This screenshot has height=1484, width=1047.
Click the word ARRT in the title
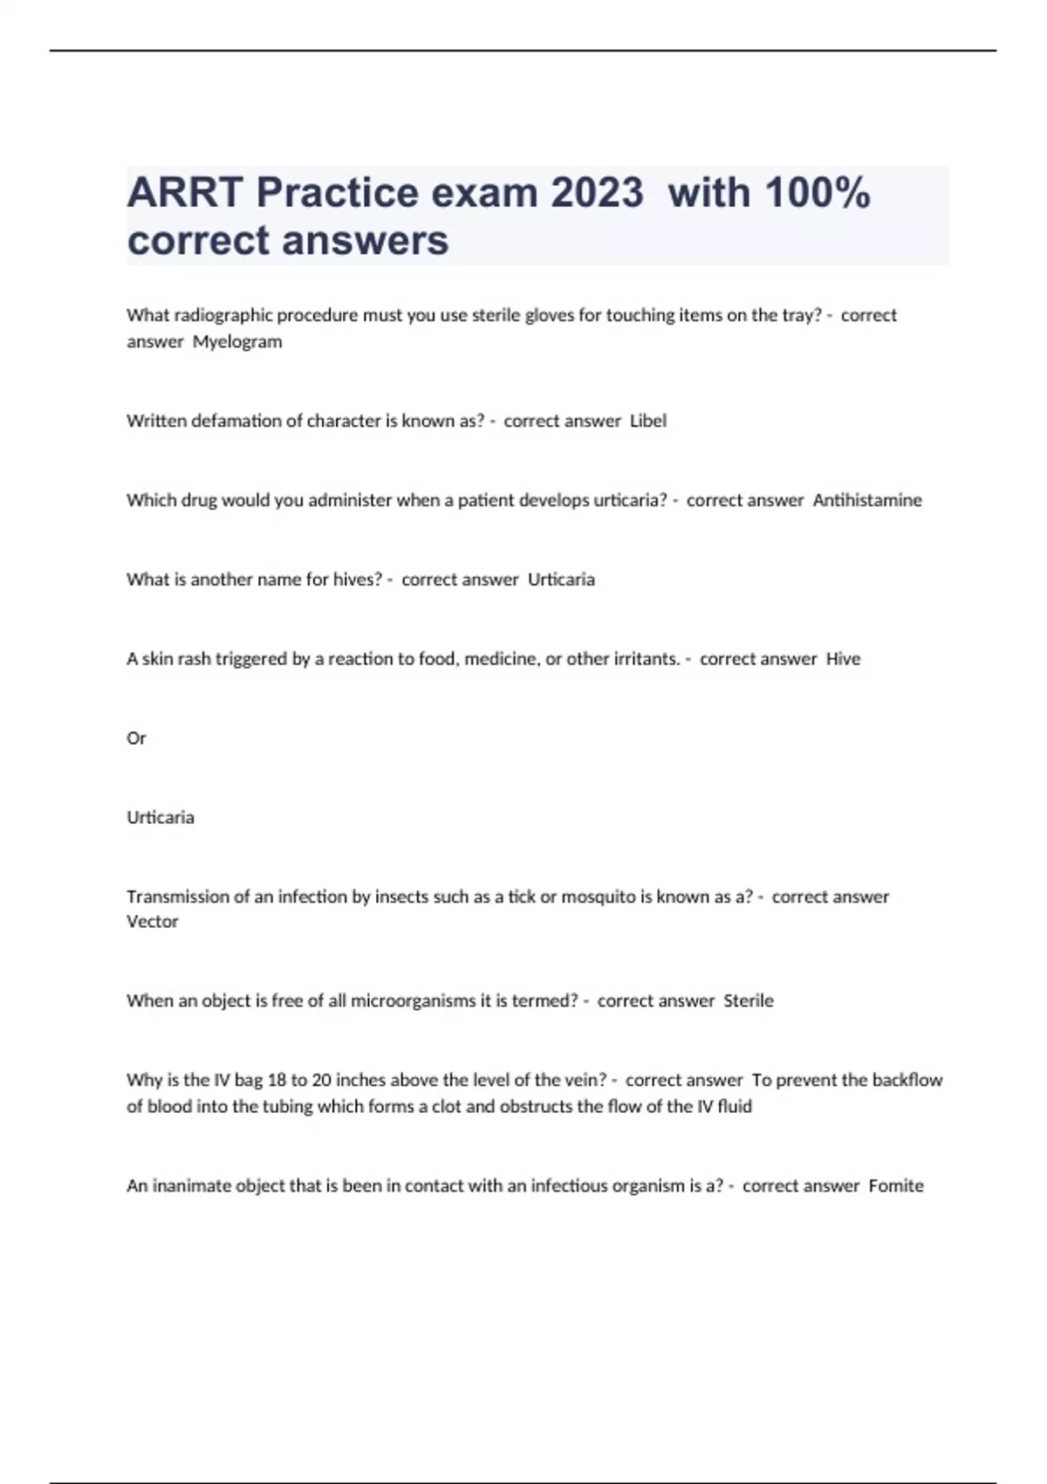[x=185, y=193]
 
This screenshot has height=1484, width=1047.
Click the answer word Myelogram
[x=237, y=342]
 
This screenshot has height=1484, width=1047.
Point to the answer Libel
[x=648, y=421]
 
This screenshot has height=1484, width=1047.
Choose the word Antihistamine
[x=867, y=500]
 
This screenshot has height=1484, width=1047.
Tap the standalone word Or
[x=136, y=739]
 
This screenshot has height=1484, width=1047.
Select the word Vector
[x=152, y=922]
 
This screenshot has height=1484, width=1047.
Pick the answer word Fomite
[x=896, y=1185]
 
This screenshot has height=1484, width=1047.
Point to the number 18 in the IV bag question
[x=277, y=1080]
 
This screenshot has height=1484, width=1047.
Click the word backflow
[x=907, y=1080]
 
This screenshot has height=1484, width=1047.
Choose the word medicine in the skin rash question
[x=500, y=659]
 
